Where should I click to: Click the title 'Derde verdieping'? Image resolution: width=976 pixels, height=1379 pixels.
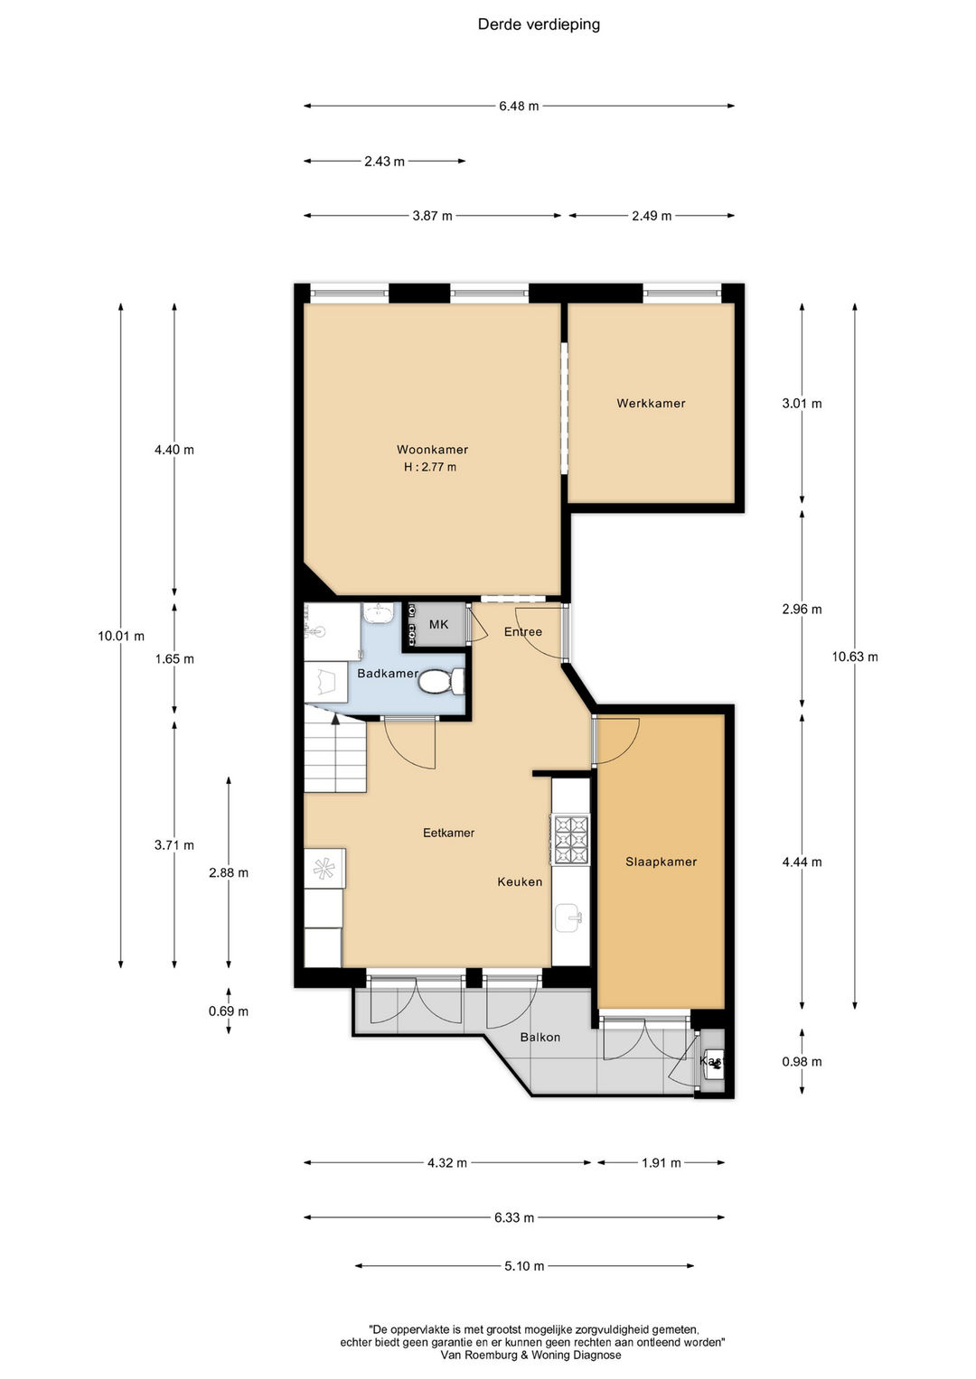(539, 24)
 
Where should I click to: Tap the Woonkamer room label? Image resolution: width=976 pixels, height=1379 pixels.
(432, 450)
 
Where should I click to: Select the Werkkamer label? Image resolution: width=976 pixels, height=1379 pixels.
(651, 404)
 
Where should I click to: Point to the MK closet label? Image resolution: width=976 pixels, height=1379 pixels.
(438, 624)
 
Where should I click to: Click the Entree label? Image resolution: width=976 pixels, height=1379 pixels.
(523, 631)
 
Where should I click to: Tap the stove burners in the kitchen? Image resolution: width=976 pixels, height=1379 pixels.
(572, 838)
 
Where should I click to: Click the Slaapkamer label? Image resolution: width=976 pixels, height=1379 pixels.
(662, 862)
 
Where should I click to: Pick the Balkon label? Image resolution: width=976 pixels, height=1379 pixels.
(540, 1037)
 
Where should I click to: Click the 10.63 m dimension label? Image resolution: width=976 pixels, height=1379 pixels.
(855, 657)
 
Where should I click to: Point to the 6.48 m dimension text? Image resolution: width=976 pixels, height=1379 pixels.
(519, 106)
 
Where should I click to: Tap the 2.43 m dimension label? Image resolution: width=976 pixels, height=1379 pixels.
(384, 162)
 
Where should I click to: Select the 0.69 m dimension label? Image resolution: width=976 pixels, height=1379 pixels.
(229, 1011)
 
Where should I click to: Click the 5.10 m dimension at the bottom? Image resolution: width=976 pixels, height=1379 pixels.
(524, 1266)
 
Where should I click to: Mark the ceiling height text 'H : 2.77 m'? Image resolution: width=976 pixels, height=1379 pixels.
(430, 467)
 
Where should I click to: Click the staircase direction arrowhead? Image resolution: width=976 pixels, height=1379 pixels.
(335, 719)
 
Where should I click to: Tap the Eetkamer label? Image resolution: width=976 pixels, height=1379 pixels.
(448, 833)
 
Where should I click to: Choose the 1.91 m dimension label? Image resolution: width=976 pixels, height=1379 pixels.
(662, 1162)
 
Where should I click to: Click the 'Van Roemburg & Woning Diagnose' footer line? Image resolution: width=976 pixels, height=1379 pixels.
(530, 1355)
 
